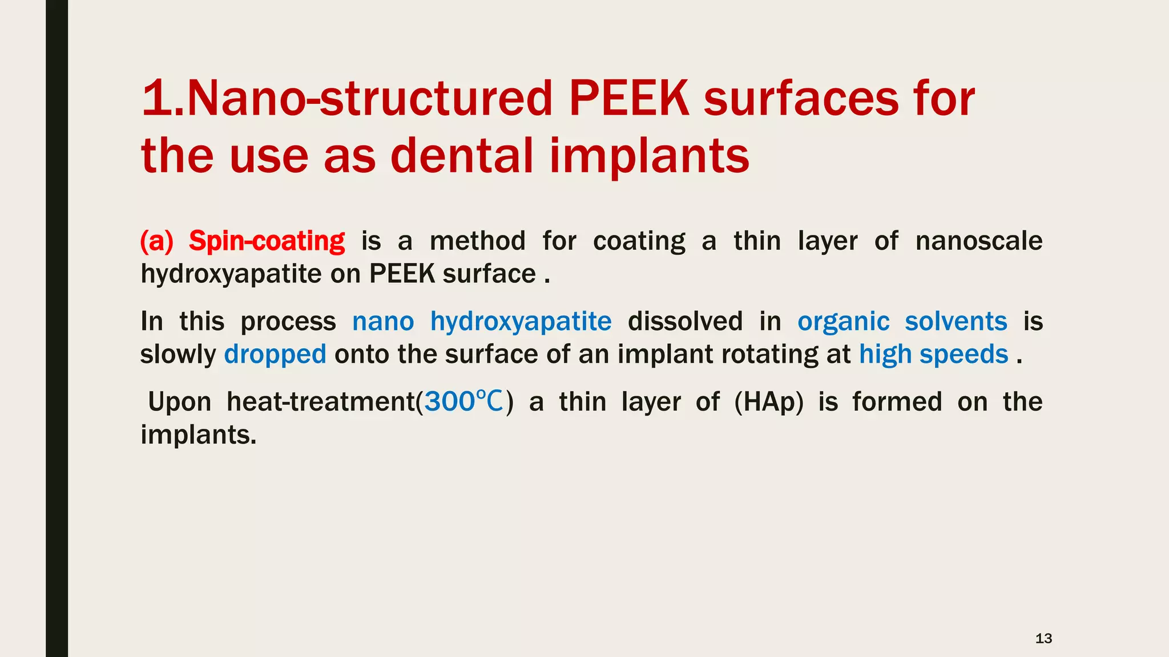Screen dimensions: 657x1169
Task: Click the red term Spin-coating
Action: pyautogui.click(x=267, y=241)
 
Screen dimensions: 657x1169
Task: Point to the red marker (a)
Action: pyautogui.click(x=156, y=241)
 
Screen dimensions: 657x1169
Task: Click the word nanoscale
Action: pyautogui.click(x=978, y=241)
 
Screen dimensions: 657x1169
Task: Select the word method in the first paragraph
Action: pyautogui.click(x=477, y=241)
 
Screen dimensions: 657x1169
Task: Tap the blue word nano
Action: pyautogui.click(x=383, y=322)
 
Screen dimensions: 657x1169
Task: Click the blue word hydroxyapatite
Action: pyautogui.click(x=521, y=322)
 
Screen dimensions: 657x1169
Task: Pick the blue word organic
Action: pyautogui.click(x=843, y=322)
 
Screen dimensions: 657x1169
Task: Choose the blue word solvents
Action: pyautogui.click(x=956, y=322)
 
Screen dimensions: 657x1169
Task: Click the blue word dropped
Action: pyautogui.click(x=275, y=355)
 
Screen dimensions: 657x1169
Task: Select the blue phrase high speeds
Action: pyautogui.click(x=933, y=355)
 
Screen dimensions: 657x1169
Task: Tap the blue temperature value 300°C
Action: pyautogui.click(x=464, y=402)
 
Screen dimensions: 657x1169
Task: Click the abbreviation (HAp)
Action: pyautogui.click(x=769, y=402)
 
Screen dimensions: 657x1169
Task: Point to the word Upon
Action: pyautogui.click(x=179, y=402)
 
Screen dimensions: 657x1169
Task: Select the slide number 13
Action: pyautogui.click(x=1043, y=638)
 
